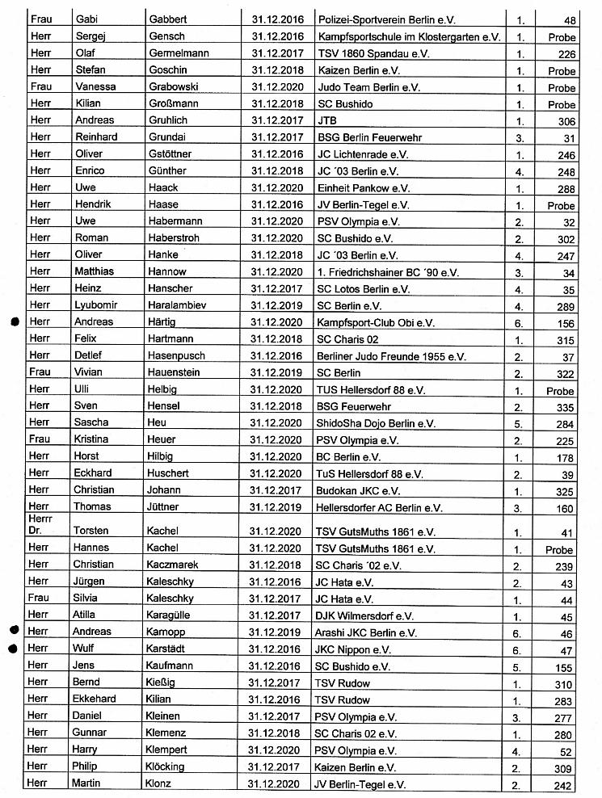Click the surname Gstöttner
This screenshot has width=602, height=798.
point(172,154)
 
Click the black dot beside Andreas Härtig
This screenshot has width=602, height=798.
point(15,321)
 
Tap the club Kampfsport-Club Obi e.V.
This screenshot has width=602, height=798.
point(376,322)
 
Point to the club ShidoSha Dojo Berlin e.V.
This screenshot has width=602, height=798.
point(377,423)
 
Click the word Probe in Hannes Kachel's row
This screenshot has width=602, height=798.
point(560,550)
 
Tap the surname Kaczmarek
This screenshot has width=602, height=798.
point(173,565)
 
